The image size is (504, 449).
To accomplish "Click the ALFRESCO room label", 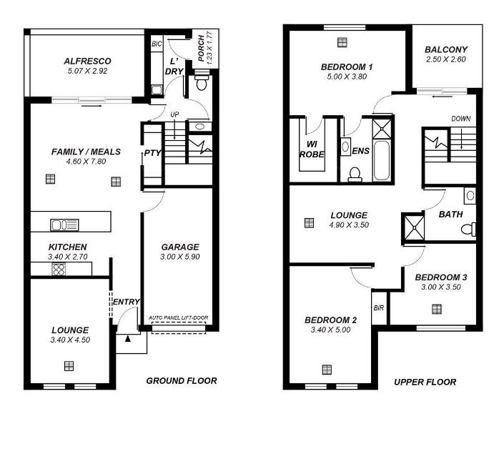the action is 87,61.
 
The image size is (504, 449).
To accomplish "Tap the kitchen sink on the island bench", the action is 64,224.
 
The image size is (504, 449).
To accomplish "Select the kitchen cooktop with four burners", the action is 59,269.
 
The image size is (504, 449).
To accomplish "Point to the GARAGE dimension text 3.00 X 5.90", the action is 180,257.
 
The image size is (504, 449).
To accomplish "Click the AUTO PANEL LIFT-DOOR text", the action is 179,318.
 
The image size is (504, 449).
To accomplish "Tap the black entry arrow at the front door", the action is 128,338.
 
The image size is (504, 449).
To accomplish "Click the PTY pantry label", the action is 152,153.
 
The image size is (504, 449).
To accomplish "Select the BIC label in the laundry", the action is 157,44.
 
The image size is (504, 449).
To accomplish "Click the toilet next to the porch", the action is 202,83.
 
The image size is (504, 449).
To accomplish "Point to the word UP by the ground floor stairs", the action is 174,114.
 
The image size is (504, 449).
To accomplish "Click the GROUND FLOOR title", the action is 182,381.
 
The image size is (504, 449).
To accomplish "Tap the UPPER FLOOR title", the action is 425,382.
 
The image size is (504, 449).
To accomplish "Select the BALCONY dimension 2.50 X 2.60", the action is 446,59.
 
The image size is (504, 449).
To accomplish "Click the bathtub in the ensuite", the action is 382,160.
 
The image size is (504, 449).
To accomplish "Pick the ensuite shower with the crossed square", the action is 382,129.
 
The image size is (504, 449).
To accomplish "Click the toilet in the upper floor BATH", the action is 469,230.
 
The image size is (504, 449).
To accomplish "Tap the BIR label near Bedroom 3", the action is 379,308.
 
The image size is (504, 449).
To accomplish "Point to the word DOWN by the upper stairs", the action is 461,119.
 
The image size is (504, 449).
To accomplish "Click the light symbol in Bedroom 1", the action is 342,42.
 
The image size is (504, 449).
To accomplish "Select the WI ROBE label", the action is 312,149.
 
